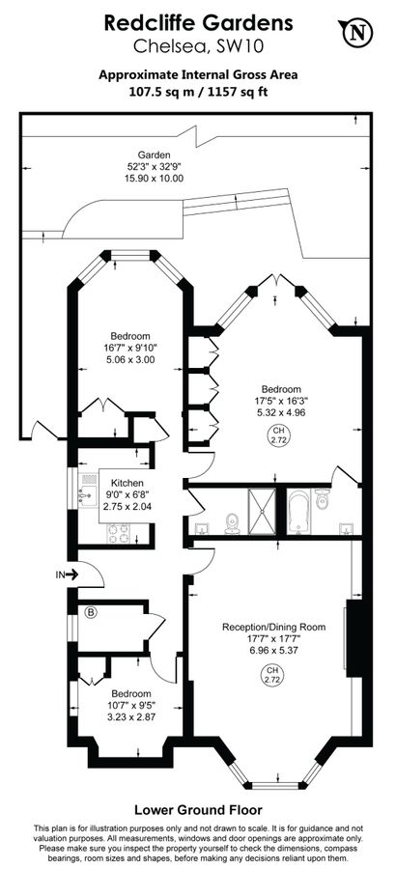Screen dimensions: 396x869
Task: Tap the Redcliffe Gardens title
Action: click(x=198, y=23)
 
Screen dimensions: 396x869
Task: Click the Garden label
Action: click(x=155, y=155)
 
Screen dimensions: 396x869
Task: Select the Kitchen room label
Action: click(x=127, y=483)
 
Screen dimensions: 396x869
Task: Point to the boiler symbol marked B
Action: click(x=91, y=612)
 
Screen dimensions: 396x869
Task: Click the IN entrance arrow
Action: click(x=66, y=575)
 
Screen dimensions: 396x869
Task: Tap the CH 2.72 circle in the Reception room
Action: click(x=271, y=676)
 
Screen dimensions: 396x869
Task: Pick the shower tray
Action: click(x=261, y=512)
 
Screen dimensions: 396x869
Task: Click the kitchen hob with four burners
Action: click(x=118, y=533)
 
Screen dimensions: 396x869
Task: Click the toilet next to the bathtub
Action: click(x=323, y=499)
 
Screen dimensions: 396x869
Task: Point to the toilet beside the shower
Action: click(x=233, y=523)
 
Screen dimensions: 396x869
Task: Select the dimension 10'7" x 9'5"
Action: click(x=131, y=705)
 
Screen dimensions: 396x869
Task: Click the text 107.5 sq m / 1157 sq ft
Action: click(x=198, y=92)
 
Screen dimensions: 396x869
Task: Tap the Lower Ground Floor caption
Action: click(x=198, y=810)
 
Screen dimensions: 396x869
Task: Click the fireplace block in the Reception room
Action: click(x=354, y=638)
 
